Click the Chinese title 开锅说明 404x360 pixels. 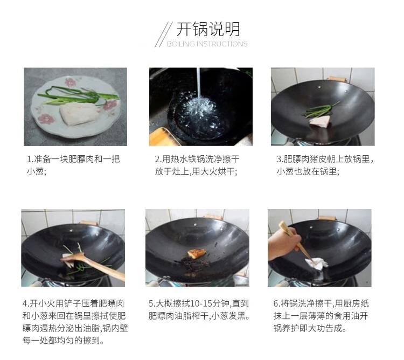click(208, 29)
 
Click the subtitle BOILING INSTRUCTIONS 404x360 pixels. click(207, 44)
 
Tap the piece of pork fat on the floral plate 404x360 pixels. click(80, 113)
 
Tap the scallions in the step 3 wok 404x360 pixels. click(321, 110)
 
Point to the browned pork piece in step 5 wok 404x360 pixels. click(197, 253)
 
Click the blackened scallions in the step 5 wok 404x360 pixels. click(193, 264)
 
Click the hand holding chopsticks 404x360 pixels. click(283, 244)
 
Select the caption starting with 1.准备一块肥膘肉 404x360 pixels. click(73, 165)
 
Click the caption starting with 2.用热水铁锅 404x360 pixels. click(197, 165)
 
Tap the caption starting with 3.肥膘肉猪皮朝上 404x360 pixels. click(325, 165)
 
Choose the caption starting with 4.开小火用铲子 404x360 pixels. click(75, 322)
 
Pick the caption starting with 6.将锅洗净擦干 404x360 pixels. click(321, 316)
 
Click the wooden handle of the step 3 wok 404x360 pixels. click(337, 79)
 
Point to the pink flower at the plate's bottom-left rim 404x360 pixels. click(46, 119)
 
